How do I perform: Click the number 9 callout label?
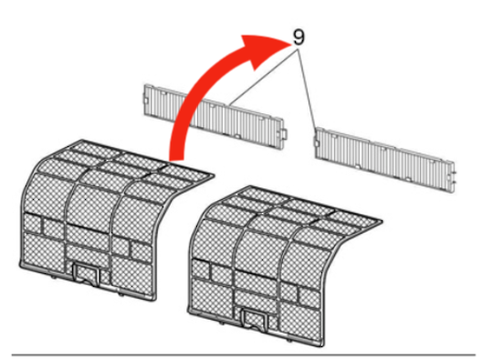pyautogui.click(x=299, y=37)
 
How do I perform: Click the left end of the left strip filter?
pyautogui.click(x=150, y=96)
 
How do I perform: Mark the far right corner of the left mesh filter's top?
pyautogui.click(x=213, y=172)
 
